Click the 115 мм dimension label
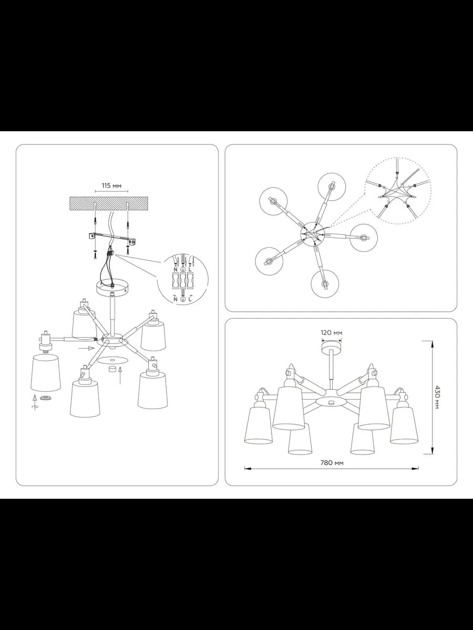[x=111, y=186]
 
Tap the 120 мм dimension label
[x=332, y=333]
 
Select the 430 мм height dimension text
[x=436, y=397]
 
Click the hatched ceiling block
[x=109, y=204]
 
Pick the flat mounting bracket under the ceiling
[x=112, y=239]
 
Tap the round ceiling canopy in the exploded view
[x=112, y=288]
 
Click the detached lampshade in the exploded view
[x=45, y=373]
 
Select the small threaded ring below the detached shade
[x=45, y=397]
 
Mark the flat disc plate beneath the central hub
[x=112, y=360]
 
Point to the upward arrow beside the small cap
[x=120, y=376]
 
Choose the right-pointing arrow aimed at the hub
[x=86, y=349]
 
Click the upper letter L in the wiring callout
[x=190, y=269]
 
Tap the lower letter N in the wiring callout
[x=176, y=300]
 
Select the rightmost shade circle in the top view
[x=364, y=238]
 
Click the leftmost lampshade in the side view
[x=258, y=425]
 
